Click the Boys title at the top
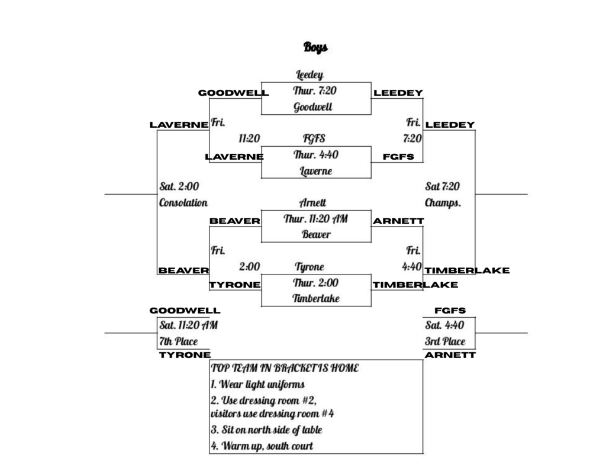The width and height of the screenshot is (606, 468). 315,47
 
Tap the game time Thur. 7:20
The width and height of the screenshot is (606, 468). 315,91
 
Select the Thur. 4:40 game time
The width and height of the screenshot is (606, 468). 315,155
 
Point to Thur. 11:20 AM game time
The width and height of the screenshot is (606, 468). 315,219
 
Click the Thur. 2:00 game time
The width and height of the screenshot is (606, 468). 315,283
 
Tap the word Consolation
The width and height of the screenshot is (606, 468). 183,203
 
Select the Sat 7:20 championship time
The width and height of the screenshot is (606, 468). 442,187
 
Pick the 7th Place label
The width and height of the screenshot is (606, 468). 179,341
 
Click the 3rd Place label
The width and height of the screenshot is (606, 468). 445,341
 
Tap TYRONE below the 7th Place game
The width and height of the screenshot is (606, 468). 185,356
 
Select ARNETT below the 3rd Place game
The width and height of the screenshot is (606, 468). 450,356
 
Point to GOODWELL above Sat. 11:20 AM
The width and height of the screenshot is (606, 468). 185,311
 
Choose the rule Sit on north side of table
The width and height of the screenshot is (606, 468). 266,430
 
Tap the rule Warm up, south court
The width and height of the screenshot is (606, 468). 262,446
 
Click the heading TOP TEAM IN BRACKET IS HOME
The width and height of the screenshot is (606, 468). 285,368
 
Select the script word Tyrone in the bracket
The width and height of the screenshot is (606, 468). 310,267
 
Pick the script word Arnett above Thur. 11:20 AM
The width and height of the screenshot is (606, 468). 312,203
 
